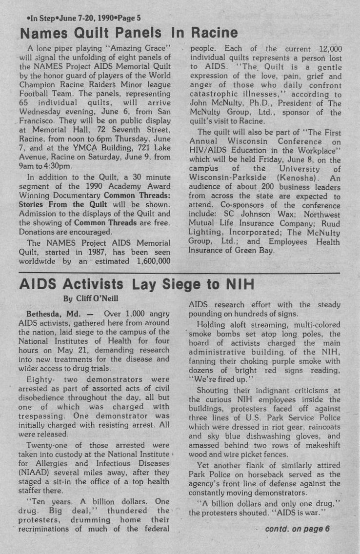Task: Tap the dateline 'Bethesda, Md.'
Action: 54,313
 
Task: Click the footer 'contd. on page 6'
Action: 298,529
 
